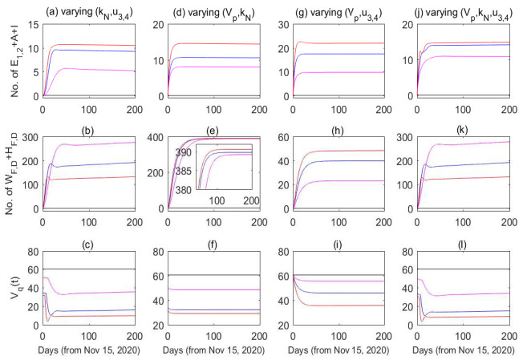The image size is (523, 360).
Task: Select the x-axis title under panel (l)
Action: click(x=463, y=350)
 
